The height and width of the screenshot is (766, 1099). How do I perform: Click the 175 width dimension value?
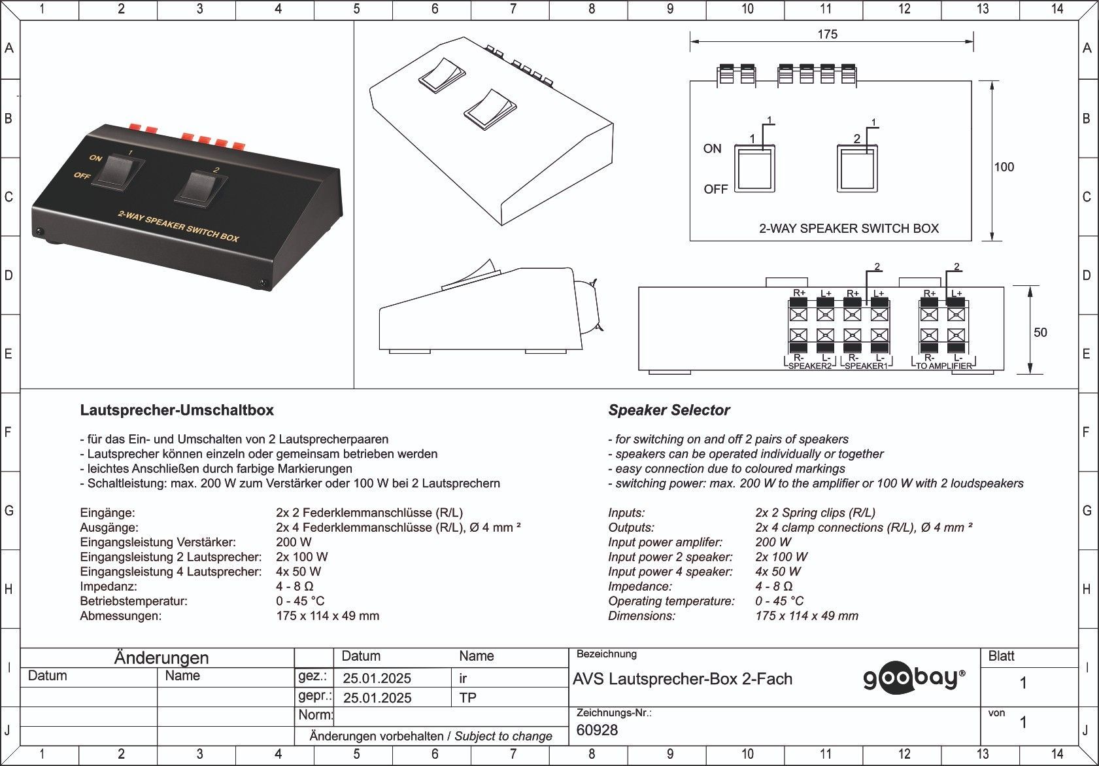827,35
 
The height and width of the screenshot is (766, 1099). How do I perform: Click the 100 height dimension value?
1004,167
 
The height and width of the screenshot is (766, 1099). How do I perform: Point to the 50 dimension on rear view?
1040,332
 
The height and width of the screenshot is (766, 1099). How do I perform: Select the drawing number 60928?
597,730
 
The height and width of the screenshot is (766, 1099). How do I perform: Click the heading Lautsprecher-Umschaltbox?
177,410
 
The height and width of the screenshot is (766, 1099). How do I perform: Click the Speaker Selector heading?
669,410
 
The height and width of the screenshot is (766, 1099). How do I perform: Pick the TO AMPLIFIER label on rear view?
943,366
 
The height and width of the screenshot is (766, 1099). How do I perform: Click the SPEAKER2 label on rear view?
809,366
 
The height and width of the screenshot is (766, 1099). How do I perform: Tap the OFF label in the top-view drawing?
716,189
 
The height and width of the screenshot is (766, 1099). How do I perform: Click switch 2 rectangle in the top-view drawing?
857,168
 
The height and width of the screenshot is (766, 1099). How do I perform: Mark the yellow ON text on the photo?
95,158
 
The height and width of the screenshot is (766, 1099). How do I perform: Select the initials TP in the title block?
467,698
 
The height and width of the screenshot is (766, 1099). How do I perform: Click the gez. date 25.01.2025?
377,678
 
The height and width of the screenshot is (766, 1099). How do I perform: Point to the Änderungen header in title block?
161,658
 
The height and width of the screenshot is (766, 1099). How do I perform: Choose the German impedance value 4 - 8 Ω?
294,586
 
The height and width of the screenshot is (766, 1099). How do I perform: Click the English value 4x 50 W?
778,572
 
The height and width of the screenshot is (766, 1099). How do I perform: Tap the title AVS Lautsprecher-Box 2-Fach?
683,678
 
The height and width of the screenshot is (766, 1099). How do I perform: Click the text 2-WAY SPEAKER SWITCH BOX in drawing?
849,228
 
